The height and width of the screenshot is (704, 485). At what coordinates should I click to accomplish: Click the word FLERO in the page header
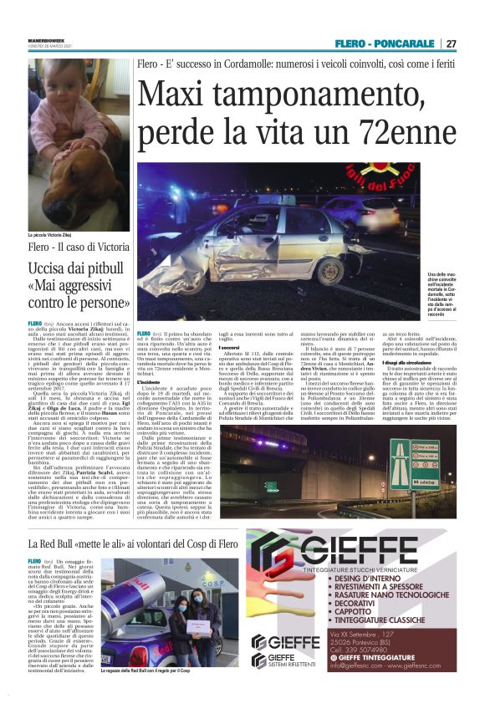click(350, 43)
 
